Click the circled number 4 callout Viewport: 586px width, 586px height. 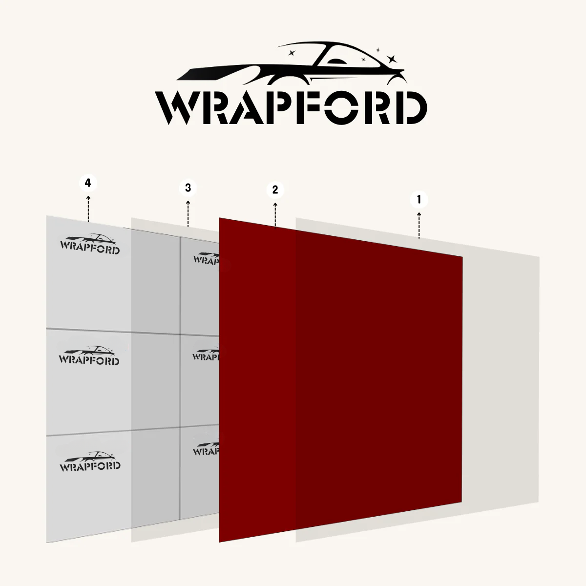tap(88, 183)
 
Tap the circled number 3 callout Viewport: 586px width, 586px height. tap(188, 187)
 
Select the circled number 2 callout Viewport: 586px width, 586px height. tap(275, 189)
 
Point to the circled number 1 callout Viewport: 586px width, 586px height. tap(419, 199)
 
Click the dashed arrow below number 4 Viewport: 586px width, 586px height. tap(88, 209)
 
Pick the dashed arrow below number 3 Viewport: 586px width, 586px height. tap(188, 213)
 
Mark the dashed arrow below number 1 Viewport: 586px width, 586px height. tap(419, 225)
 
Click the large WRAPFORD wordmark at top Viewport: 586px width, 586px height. tap(291, 107)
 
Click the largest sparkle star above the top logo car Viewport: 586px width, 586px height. tap(391, 59)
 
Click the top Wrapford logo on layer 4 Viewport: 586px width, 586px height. tap(90, 244)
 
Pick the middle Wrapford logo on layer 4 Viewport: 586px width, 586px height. tap(89, 355)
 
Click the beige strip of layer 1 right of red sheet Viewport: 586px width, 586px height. tap(501, 381)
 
